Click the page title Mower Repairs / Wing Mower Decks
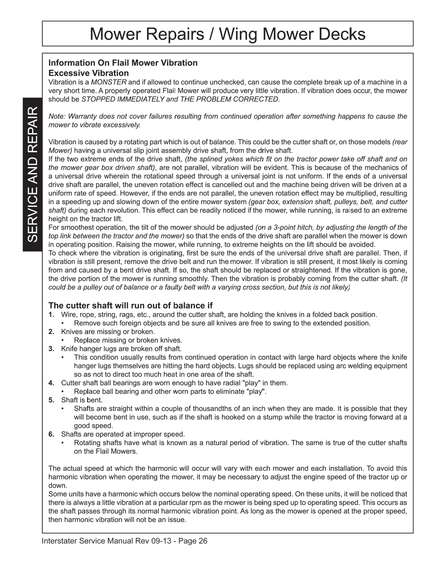coord(228,34)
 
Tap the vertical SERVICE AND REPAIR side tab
coord(32,175)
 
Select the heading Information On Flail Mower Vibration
coord(123,63)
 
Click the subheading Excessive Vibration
coord(88,73)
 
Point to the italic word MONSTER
coord(109,82)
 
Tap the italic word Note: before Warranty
coord(57,117)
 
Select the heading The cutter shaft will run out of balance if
coord(131,305)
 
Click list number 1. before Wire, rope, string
coord(51,314)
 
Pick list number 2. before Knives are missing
coord(51,332)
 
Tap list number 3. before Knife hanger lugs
coord(51,349)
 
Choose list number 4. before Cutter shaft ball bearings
coord(51,383)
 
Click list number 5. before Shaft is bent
coord(51,400)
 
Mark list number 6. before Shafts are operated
coord(51,434)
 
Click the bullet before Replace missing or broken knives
coord(63,340)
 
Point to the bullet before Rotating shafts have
coord(63,443)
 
